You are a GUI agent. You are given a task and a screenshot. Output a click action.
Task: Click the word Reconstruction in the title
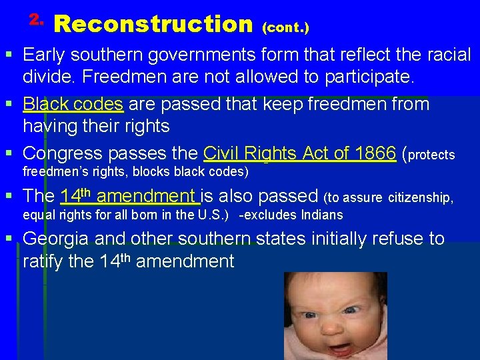[x=153, y=25]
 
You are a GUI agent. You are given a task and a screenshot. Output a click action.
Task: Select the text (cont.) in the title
[x=285, y=28]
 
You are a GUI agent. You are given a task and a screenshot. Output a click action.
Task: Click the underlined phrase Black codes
[x=73, y=105]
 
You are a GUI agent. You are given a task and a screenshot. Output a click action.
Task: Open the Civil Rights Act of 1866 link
[x=299, y=153]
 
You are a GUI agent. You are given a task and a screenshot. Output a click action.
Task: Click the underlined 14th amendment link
[x=130, y=196]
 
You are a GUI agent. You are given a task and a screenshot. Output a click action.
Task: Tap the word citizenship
[x=421, y=198]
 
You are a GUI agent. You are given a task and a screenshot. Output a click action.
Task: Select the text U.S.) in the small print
[x=213, y=215]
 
